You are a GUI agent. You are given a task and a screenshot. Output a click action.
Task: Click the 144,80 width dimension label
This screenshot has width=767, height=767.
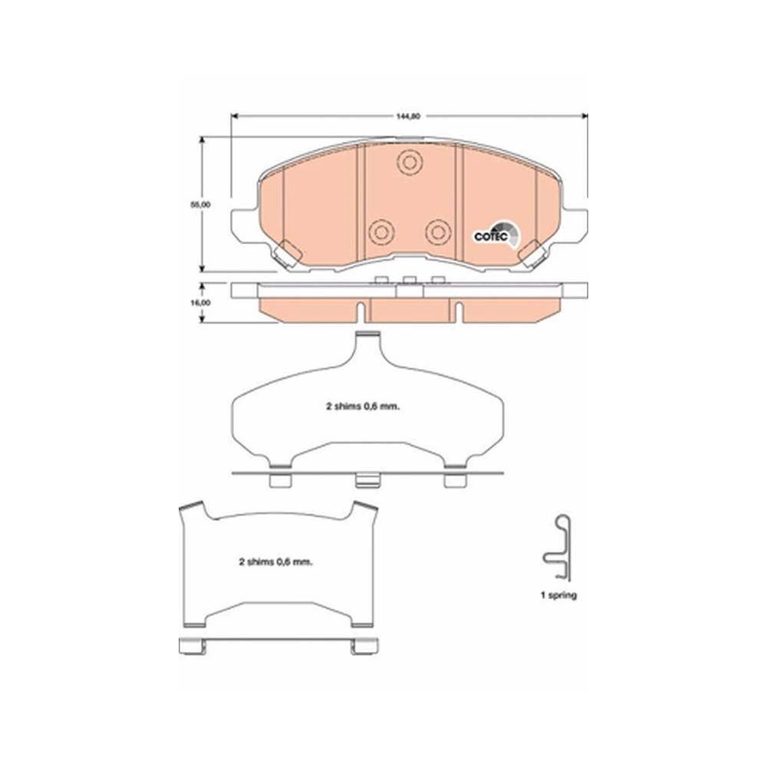click(409, 117)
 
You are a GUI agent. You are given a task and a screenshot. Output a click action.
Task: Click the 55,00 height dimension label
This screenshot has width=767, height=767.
click(202, 205)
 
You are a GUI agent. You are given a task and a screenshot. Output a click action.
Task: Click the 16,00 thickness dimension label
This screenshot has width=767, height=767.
click(202, 303)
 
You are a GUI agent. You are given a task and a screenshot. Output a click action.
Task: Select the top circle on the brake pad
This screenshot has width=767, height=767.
click(409, 162)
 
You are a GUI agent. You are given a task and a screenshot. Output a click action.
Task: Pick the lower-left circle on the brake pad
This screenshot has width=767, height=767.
click(380, 231)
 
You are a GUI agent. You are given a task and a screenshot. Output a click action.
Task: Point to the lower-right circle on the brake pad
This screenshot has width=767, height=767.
click(438, 231)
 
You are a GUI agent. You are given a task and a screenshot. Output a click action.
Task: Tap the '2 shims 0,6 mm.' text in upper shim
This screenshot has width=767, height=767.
click(360, 408)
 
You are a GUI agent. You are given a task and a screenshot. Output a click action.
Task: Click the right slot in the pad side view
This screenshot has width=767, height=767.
click(458, 309)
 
